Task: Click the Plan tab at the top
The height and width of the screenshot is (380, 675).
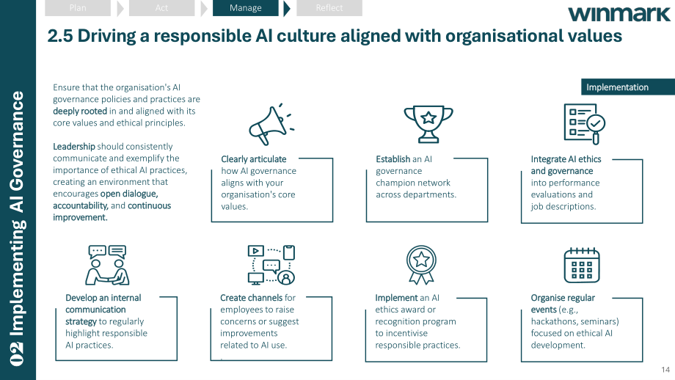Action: pyautogui.click(x=78, y=8)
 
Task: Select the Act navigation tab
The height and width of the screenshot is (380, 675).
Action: pyautogui.click(x=161, y=8)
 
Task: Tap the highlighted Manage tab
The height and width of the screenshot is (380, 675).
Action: pyautogui.click(x=245, y=8)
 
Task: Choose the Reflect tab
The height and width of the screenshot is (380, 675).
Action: pyautogui.click(x=329, y=8)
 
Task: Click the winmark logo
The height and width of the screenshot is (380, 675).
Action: pyautogui.click(x=619, y=14)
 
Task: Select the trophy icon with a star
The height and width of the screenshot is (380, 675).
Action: pyautogui.click(x=428, y=124)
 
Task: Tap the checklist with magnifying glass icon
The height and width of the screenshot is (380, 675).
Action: pyautogui.click(x=585, y=124)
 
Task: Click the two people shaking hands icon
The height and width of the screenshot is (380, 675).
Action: pyautogui.click(x=107, y=265)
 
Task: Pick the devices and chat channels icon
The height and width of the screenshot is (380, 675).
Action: pyautogui.click(x=271, y=265)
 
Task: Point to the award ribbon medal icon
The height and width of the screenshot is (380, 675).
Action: pyautogui.click(x=421, y=265)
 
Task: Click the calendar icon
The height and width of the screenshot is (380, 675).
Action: pyautogui.click(x=582, y=265)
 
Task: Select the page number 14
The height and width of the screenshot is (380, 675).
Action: pyautogui.click(x=665, y=370)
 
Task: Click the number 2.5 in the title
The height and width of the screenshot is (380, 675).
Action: pyautogui.click(x=60, y=36)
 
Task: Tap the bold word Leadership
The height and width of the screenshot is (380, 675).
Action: pyautogui.click(x=73, y=146)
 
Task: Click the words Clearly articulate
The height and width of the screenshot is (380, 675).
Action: pyautogui.click(x=254, y=159)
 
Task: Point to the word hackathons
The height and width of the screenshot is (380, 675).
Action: pyautogui.click(x=552, y=321)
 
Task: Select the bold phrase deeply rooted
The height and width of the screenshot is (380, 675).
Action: pyautogui.click(x=80, y=111)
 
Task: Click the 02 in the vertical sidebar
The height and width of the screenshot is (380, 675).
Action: pyautogui.click(x=17, y=354)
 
